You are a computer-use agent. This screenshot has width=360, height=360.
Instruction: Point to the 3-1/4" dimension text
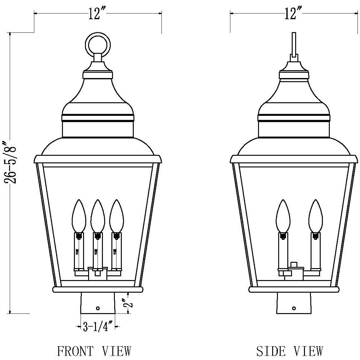click(x=96, y=327)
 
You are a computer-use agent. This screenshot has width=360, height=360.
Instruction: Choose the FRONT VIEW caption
click(x=93, y=351)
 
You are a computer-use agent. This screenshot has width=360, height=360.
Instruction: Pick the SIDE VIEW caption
click(x=290, y=351)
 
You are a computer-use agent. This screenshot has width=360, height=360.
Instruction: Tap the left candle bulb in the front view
click(x=79, y=216)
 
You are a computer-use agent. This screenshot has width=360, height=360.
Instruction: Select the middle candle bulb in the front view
click(x=98, y=216)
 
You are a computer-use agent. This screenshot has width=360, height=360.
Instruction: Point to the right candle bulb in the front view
click(x=116, y=216)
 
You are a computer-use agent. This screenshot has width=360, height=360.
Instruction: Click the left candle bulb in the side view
click(x=283, y=216)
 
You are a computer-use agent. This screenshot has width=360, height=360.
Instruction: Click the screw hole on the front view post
click(x=98, y=308)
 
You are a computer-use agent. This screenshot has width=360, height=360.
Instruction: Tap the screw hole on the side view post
click(x=294, y=308)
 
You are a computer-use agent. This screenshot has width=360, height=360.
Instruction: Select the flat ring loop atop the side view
click(x=294, y=44)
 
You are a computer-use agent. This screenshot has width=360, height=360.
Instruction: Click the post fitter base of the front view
click(x=98, y=303)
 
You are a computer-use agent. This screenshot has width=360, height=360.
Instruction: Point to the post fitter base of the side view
click(x=294, y=303)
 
